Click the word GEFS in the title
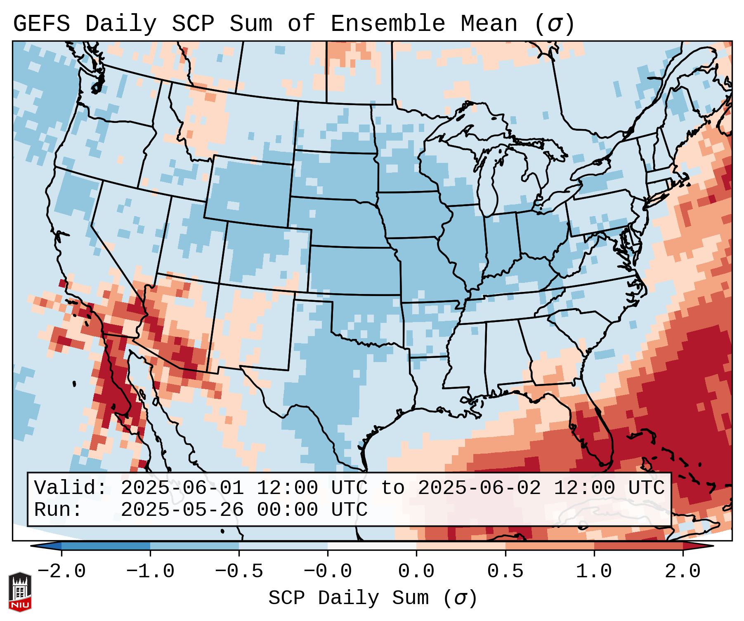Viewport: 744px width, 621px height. (41, 24)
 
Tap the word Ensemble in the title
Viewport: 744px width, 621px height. (387, 24)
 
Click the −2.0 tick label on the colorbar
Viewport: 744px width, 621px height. (61, 572)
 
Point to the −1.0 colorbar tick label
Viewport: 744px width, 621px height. (150, 572)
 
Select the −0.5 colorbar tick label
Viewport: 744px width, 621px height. (239, 572)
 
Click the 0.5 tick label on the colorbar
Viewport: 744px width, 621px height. (505, 572)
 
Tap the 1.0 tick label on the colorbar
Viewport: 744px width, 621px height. (594, 572)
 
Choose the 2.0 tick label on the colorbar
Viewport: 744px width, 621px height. (683, 572)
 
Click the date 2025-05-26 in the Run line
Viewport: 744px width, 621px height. (182, 510)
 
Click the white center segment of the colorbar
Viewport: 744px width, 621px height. (372, 546)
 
